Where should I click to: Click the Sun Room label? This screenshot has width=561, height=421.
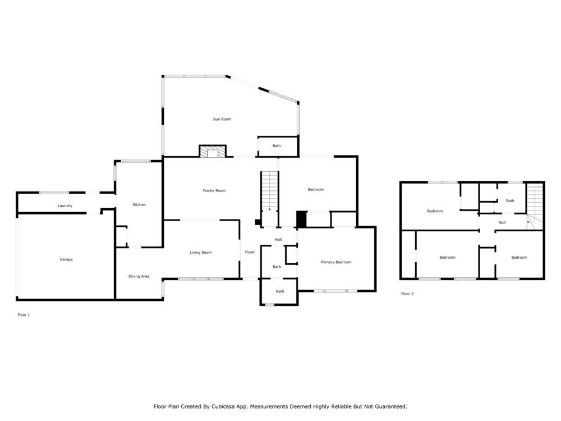222,119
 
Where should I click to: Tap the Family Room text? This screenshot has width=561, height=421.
214,191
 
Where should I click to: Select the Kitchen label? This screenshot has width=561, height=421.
139,205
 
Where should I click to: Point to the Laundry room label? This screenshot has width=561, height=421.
65,206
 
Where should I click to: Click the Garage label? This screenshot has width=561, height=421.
66,259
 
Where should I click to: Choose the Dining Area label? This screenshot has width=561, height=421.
139,276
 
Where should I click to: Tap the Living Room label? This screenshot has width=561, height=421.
200,253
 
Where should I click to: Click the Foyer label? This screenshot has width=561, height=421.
250,252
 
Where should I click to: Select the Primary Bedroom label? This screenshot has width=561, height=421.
335,262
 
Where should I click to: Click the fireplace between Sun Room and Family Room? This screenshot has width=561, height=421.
213,152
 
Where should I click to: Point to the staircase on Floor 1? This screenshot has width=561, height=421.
269,191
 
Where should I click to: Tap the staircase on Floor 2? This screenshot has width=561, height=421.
535,205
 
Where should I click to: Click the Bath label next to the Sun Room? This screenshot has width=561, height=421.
277,146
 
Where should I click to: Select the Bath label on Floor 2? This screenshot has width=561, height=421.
510,201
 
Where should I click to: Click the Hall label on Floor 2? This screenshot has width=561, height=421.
502,223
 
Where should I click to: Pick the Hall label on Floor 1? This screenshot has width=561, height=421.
278,240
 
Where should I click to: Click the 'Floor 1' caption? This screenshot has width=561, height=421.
24,315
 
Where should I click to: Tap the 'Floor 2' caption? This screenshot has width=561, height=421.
407,294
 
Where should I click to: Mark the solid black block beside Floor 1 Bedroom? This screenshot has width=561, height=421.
301,219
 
